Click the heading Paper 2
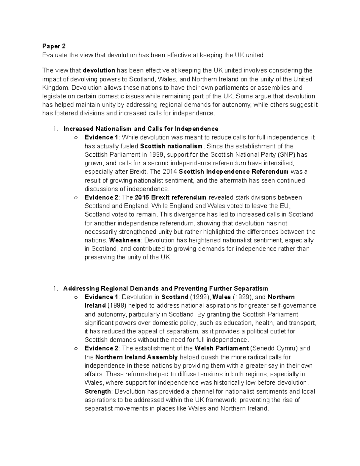(54, 46)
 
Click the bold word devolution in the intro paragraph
(99, 71)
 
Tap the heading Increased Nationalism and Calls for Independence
(141, 129)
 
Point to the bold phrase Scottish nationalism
(171, 146)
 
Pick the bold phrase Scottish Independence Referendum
(233, 172)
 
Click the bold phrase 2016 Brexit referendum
(170, 197)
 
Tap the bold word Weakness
(125, 240)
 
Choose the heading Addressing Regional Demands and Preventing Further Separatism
(166, 289)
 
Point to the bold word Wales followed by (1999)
(221, 297)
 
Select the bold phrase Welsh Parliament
(221, 348)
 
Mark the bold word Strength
(98, 392)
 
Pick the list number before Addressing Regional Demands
(55, 289)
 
